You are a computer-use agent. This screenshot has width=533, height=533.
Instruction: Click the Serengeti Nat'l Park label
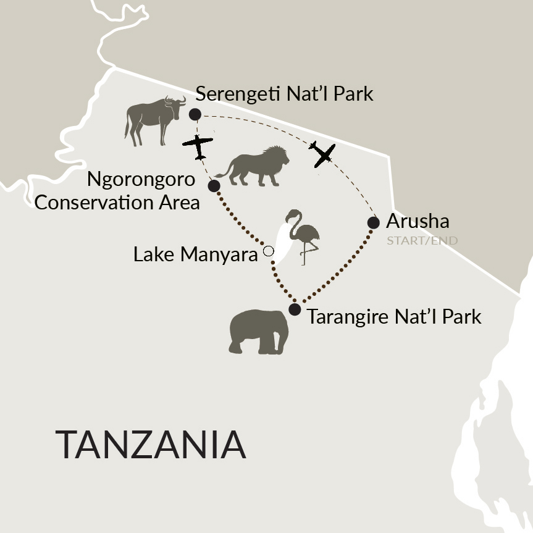284,94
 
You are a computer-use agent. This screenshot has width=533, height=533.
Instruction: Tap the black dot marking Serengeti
195,114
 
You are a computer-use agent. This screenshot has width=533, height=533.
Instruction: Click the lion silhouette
256,166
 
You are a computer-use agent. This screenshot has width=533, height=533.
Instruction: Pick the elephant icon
259,331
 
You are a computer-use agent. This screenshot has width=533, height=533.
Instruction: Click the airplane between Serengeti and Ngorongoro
198,146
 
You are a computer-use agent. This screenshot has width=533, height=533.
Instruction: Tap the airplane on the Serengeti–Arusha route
322,154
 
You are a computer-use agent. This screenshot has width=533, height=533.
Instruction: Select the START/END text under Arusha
422,240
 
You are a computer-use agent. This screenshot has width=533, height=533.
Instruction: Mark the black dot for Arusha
373,222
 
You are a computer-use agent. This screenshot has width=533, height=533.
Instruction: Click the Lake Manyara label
195,254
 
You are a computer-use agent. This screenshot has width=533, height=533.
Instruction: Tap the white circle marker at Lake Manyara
268,251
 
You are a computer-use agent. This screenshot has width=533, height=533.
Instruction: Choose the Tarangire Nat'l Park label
393,317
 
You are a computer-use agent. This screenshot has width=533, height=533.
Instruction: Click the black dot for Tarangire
295,309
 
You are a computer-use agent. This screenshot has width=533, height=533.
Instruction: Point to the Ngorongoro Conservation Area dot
214,185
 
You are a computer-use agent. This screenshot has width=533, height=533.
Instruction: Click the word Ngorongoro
141,180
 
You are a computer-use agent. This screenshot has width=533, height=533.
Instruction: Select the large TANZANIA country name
151,444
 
